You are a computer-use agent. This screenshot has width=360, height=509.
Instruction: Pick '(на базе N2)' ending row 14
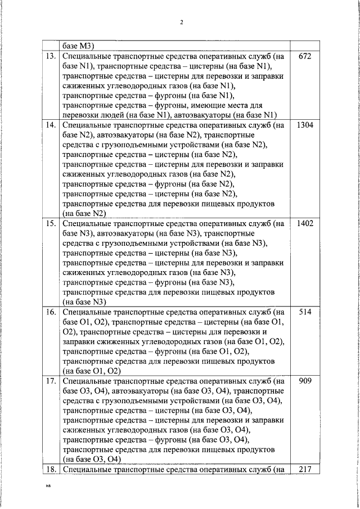pyautogui.click(x=84, y=214)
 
